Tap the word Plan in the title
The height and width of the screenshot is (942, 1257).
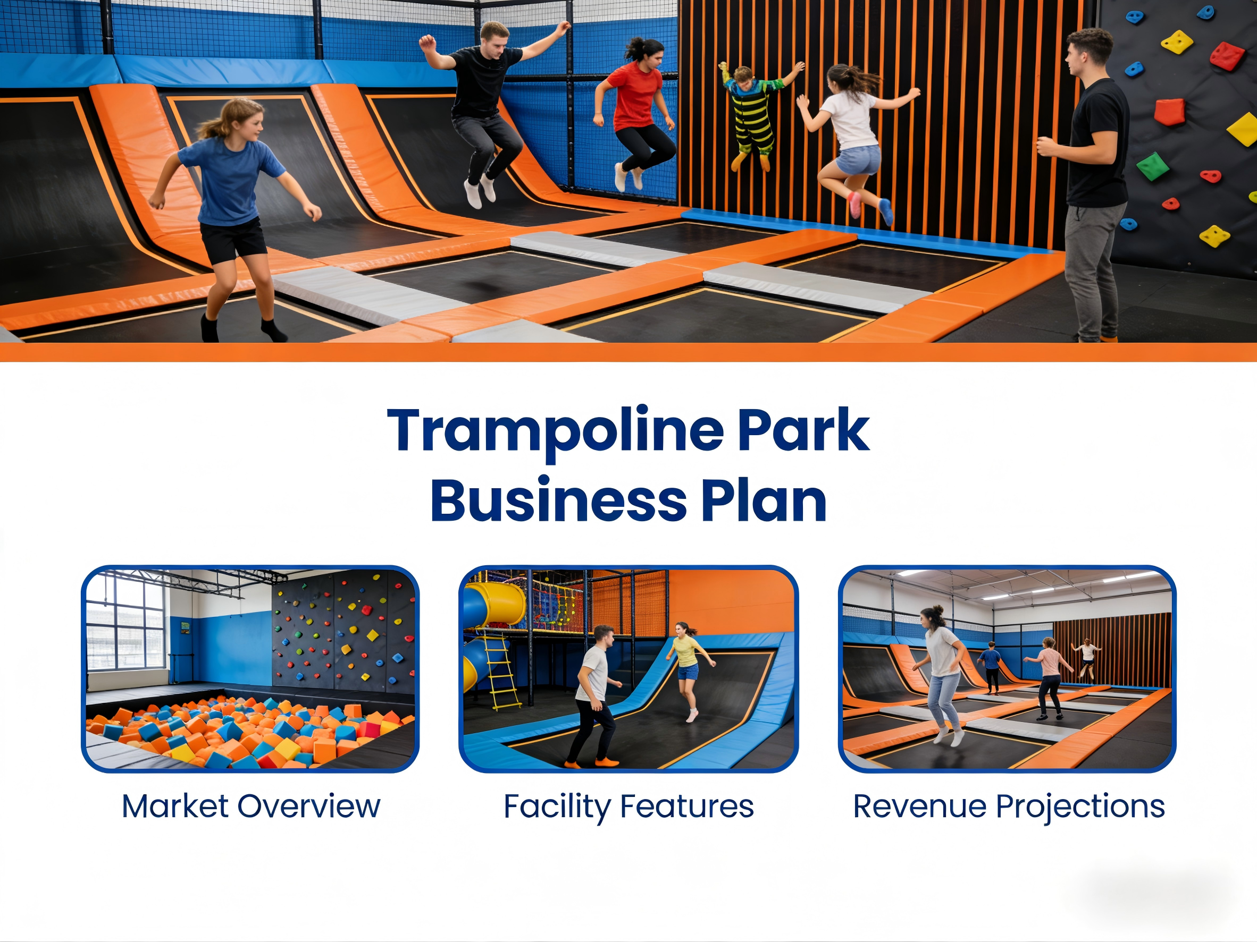pyautogui.click(x=764, y=501)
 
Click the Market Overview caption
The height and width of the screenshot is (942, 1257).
pyautogui.click(x=250, y=807)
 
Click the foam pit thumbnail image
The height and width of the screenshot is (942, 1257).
pyautogui.click(x=250, y=669)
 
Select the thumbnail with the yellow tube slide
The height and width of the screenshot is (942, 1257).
pyautogui.click(x=628, y=669)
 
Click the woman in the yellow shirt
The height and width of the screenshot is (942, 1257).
pyautogui.click(x=689, y=670)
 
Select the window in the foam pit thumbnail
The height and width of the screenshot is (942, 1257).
pyautogui.click(x=125, y=622)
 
